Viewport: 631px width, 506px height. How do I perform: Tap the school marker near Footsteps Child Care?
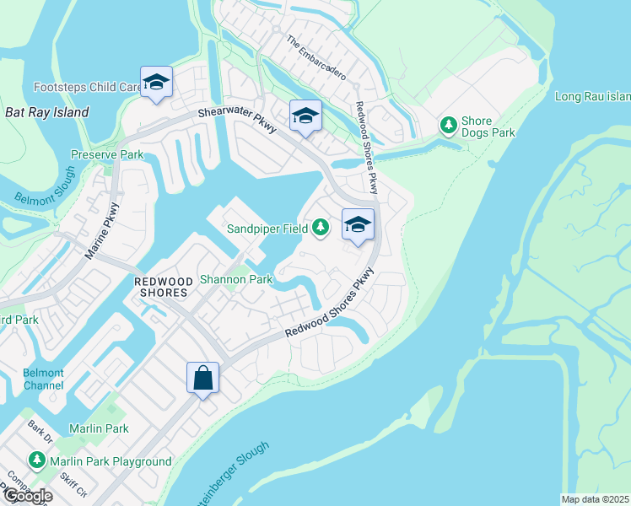pyautogui.click(x=156, y=83)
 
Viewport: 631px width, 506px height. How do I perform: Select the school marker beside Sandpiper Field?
pyautogui.click(x=358, y=225)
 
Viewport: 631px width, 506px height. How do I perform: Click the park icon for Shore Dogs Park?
pyautogui.click(x=449, y=126)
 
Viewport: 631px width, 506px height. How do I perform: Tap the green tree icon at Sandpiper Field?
pyautogui.click(x=321, y=228)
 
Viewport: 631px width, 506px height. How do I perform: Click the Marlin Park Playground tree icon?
pyautogui.click(x=36, y=460)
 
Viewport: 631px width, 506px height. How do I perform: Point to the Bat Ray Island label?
pyautogui.click(x=47, y=112)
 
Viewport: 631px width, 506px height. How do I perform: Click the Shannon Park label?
pyautogui.click(x=235, y=279)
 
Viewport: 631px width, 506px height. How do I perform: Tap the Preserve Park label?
pyautogui.click(x=106, y=155)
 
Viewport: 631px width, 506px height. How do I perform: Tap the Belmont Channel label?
pyautogui.click(x=43, y=379)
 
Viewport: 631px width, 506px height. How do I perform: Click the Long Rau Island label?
pyautogui.click(x=592, y=96)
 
